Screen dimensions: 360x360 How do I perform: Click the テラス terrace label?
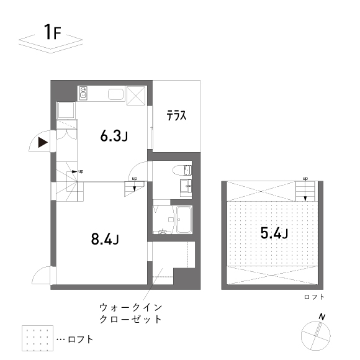point(176,115)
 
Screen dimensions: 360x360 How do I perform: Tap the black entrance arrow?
point(42,143)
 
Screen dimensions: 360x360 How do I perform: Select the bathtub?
point(184,220)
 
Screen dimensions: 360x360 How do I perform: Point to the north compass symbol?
point(317,336)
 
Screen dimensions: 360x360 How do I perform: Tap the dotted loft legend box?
point(36,339)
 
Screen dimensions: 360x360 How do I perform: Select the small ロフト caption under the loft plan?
point(314,297)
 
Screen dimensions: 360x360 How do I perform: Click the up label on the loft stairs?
point(305,179)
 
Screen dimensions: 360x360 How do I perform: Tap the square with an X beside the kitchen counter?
point(137,94)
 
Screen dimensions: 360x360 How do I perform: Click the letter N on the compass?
point(322,317)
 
